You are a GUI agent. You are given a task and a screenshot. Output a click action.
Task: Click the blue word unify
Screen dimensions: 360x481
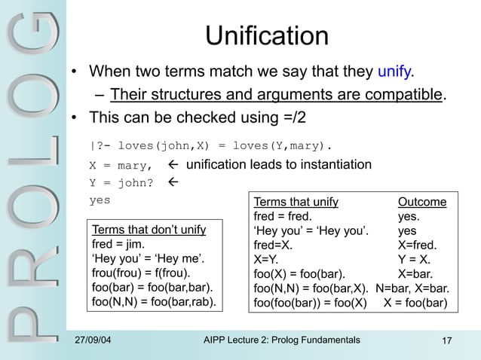[x=394, y=72]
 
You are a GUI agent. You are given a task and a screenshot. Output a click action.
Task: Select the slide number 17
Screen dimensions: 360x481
[x=446, y=341]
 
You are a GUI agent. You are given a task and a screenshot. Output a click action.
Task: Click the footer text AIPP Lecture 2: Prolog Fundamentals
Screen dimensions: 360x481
[x=282, y=340]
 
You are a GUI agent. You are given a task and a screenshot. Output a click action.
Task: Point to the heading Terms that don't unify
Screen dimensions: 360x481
[x=149, y=230]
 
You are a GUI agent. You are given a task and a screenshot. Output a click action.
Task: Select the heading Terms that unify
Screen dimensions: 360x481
[x=296, y=202]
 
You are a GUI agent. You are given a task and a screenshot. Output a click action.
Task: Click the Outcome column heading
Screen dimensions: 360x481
[x=422, y=202]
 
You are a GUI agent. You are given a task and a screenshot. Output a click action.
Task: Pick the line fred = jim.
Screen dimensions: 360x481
[x=118, y=244]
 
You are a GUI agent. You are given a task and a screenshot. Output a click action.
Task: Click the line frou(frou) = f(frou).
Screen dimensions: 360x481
[x=141, y=273]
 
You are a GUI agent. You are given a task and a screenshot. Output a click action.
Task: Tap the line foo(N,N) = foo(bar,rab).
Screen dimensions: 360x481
[x=153, y=302]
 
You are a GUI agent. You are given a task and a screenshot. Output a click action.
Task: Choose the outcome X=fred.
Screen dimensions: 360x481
[x=418, y=245]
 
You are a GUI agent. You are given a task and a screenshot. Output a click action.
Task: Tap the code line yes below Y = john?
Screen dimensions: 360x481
[x=100, y=200]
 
